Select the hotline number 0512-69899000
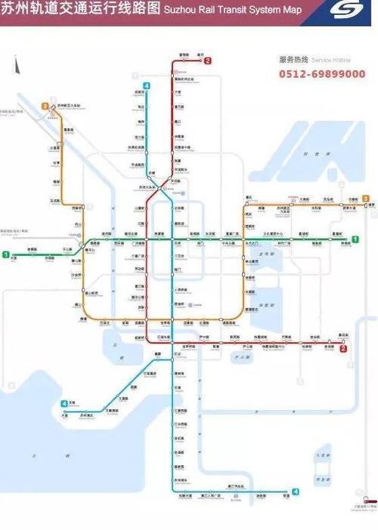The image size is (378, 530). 323,74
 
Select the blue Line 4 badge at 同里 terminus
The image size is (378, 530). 296,492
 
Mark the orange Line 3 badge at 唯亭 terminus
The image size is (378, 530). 365,199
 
